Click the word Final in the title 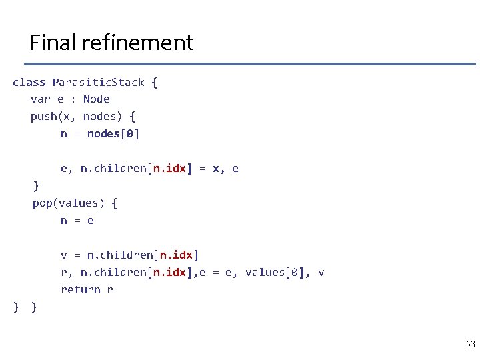pos(54,43)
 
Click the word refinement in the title pos(139,43)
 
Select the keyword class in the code pos(29,83)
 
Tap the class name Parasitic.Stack pos(98,83)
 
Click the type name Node pos(97,99)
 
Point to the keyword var pos(40,99)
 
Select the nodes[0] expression pos(113,134)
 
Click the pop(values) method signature pos(69,203)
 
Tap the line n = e pos(77,220)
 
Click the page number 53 pos(470,344)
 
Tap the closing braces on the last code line pos(25,307)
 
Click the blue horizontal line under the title pos(250,64)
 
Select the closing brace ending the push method pos(36,185)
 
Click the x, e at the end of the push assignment pos(225,169)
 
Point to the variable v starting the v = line pos(64,255)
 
